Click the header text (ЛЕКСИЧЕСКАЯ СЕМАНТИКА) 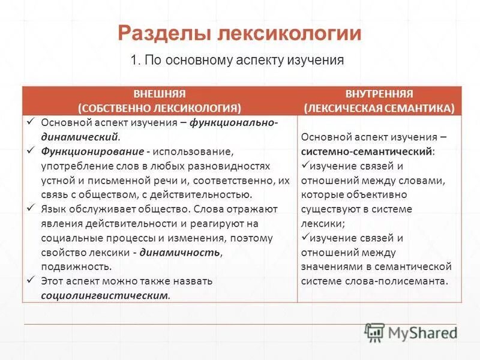click(x=379, y=108)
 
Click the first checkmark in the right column click(x=304, y=165)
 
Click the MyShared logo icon click(x=374, y=332)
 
